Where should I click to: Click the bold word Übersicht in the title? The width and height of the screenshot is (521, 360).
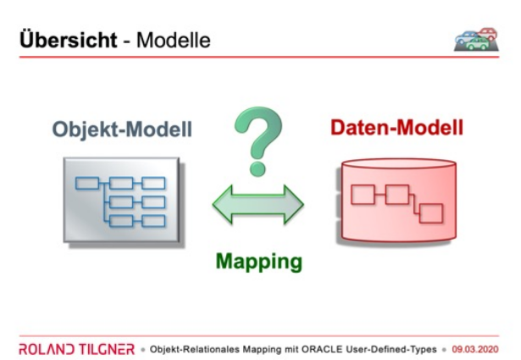pos(69,40)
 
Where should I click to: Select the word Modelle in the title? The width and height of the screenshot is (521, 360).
pos(174,40)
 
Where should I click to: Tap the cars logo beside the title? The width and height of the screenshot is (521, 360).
pos(476,40)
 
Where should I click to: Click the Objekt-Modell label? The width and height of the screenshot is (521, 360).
pos(122,129)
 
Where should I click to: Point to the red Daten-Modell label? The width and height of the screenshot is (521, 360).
pos(396,127)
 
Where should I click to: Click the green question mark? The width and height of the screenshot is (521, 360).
pos(258,141)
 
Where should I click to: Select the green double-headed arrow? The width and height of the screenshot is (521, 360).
pos(258,204)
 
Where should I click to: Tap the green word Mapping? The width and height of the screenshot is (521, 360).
pos(259,262)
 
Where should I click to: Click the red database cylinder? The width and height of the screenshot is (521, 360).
pos(396,200)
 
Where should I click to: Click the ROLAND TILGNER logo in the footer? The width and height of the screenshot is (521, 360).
pos(77,349)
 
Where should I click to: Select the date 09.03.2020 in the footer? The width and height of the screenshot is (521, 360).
pos(475,349)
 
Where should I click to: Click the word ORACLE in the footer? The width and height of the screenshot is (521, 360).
pos(322,349)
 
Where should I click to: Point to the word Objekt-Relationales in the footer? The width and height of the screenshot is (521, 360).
pos(195,349)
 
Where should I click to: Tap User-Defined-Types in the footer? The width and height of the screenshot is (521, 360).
pos(391,349)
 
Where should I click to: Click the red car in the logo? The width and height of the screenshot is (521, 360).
pos(488,34)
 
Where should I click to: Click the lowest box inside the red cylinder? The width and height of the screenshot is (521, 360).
pos(431,213)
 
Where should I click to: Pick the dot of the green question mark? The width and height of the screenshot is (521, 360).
pos(258,169)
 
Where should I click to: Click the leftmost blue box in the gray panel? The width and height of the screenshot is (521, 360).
pos(87,183)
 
